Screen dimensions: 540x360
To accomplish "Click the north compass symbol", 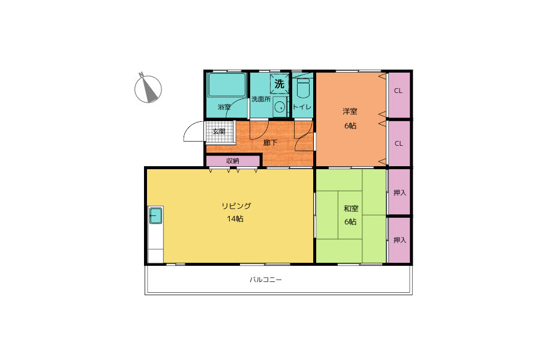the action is pos(148,88).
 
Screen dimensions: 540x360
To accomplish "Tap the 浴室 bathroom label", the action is pos(224,107).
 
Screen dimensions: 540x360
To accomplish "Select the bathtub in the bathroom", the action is pos(227,85).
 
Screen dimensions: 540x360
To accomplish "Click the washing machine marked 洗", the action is pos(279,84).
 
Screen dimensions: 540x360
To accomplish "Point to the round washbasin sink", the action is pos(280,107).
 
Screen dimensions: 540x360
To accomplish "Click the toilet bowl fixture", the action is pos(303,89).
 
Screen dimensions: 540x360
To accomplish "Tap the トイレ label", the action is pos(302,107).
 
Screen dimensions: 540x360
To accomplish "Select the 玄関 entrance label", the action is pos(219,131).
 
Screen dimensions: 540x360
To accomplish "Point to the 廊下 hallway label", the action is pos(271,143).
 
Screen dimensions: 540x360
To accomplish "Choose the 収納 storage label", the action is pos(233,161).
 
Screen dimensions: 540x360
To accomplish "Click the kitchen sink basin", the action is pos(155,215).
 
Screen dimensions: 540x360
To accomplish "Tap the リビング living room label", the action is pos(236,206).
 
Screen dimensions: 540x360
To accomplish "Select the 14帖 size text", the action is pos(235,219).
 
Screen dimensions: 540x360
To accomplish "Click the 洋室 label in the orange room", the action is pos(350,112).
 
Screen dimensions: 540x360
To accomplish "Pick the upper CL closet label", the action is pos(398,91).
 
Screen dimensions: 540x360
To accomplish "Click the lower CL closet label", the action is pos(398,143).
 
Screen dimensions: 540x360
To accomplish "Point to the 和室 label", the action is pos(351,208).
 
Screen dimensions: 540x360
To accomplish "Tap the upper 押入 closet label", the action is pos(400,193).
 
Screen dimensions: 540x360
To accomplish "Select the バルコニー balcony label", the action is pos(266,280).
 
